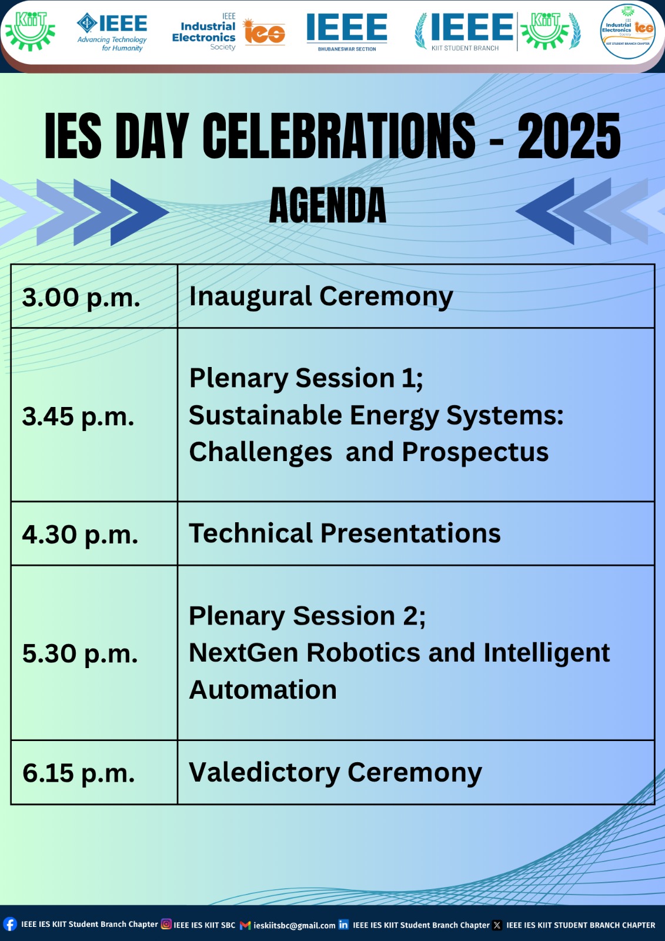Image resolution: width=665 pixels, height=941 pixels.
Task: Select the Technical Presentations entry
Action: [x=345, y=533]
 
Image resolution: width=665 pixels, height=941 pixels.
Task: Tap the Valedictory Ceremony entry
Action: [x=336, y=773]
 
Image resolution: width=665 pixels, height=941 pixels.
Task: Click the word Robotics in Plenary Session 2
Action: [x=363, y=653]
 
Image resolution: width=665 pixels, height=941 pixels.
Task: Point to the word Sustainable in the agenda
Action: [x=266, y=415]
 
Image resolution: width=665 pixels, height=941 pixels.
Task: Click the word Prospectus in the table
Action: [x=475, y=453]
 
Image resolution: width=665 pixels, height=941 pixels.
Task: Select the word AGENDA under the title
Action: [x=328, y=205]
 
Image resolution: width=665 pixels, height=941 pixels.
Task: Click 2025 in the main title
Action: [x=569, y=136]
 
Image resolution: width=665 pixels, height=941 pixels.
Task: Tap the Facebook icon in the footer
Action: [x=9, y=924]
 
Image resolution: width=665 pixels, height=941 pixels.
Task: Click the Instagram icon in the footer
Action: [x=166, y=924]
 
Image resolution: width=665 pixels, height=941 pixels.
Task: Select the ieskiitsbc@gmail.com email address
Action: [x=295, y=925]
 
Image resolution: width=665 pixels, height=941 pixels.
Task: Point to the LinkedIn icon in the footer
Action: [x=343, y=924]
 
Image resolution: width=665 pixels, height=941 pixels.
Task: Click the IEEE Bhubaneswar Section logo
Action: [x=347, y=32]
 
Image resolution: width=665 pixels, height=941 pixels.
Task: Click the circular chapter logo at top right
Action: [x=627, y=32]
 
